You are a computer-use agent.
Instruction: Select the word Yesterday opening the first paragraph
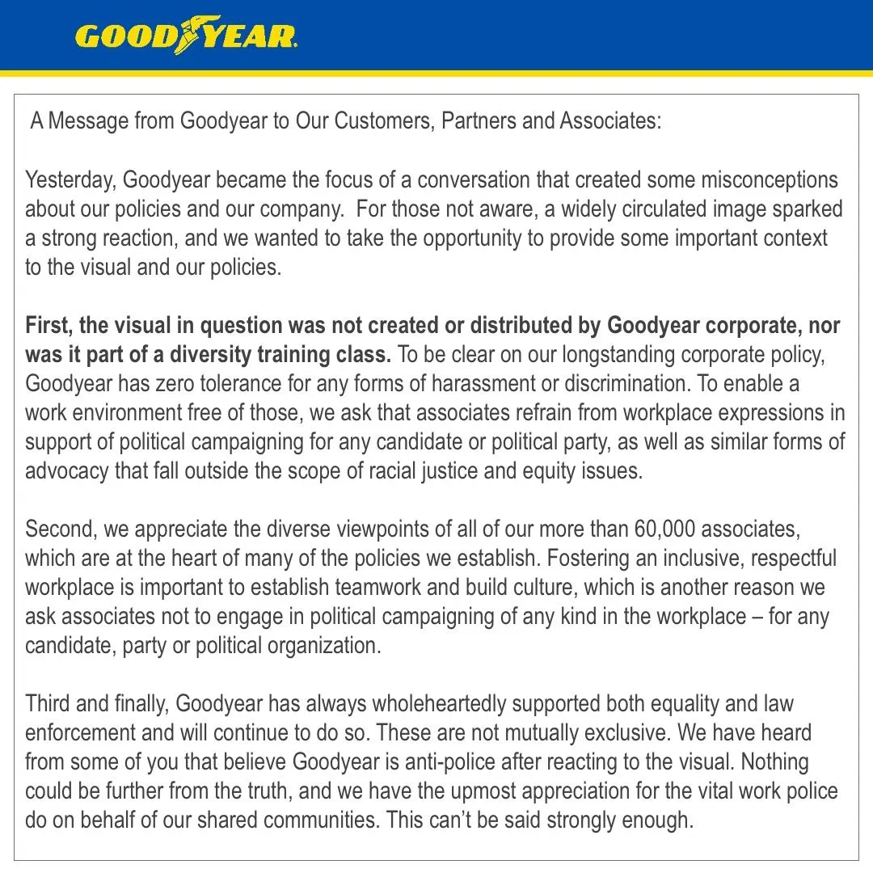coord(70,179)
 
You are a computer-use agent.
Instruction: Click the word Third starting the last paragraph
coord(48,703)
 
